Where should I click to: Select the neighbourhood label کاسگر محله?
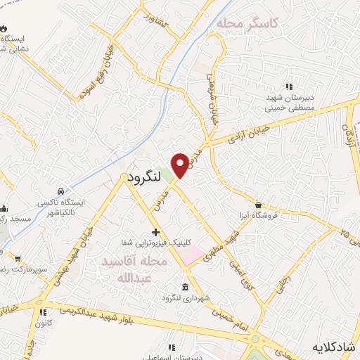pos(247,23)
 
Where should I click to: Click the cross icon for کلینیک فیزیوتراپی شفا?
pos(155,232)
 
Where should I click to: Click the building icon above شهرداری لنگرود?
pos(185,288)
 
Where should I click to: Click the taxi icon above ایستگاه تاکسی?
pos(61,191)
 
